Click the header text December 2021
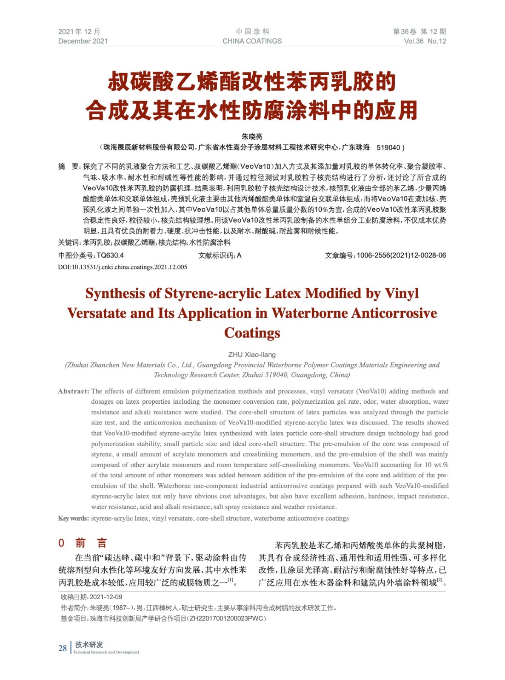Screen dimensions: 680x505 83,41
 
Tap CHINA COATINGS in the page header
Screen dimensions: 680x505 252,41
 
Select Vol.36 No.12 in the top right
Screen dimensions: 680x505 425,41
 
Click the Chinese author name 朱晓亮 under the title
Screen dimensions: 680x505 252,136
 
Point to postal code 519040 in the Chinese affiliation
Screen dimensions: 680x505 388,147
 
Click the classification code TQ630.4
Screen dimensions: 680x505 110,255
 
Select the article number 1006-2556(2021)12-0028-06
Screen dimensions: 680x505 401,255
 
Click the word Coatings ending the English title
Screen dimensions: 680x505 252,333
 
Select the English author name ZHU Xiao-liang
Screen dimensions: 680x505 252,354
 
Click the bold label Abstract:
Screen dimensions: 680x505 74,391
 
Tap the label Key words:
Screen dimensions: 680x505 74,518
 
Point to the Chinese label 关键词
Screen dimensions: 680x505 68,243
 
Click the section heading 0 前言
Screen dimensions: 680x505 83,543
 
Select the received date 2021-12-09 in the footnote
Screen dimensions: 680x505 106,597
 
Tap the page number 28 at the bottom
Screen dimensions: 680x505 63,648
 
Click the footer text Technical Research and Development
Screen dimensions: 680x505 106,652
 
